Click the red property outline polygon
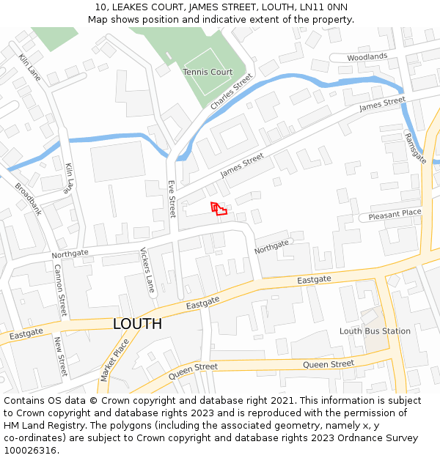point(218,209)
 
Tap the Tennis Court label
point(208,72)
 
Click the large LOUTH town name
point(137,324)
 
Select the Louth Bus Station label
point(375,331)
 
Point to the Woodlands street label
point(367,56)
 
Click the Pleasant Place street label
point(395,214)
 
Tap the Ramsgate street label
point(415,149)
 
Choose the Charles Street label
point(231,92)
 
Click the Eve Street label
point(172,199)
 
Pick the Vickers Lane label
point(147,270)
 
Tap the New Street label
point(60,356)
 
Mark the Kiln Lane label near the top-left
point(30,67)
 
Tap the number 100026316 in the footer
point(29,450)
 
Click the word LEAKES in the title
point(129,7)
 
